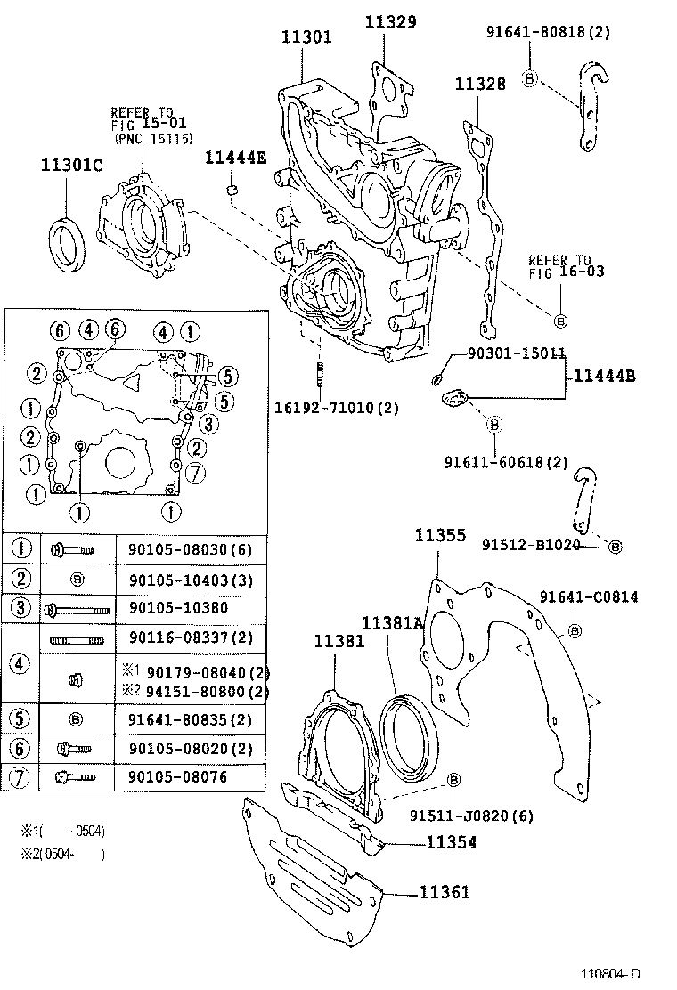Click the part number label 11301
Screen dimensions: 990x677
306,37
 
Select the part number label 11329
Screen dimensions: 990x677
390,22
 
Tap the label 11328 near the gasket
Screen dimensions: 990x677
480,84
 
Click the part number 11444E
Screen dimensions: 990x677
236,158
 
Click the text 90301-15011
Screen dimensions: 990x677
517,353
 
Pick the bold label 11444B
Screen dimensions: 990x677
604,376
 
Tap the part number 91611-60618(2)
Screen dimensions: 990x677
505,461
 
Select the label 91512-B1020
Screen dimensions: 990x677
531,544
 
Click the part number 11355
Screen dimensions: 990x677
440,535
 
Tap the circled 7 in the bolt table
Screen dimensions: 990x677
20,775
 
